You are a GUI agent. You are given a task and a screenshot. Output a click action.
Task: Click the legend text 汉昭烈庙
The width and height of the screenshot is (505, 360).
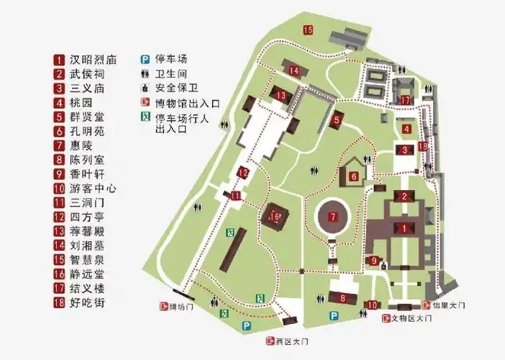[94, 60]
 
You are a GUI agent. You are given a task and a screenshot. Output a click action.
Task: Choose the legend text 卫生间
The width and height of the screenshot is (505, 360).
[170, 73]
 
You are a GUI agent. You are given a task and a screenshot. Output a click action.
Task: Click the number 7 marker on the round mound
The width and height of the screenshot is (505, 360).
[332, 217]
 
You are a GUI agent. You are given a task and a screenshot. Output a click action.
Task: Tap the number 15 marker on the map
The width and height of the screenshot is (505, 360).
[308, 30]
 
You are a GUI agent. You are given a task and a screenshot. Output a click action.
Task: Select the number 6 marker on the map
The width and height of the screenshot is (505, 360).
[354, 175]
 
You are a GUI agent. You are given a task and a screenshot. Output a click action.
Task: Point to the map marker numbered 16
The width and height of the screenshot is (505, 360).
[274, 216]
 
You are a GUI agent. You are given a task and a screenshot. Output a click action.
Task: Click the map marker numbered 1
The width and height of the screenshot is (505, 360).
[404, 228]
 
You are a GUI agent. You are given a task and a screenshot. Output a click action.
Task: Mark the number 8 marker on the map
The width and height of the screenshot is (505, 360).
[343, 298]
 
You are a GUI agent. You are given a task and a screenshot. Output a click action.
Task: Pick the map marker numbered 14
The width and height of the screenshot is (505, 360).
[295, 71]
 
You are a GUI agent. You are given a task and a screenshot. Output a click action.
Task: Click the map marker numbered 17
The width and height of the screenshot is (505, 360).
[406, 100]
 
